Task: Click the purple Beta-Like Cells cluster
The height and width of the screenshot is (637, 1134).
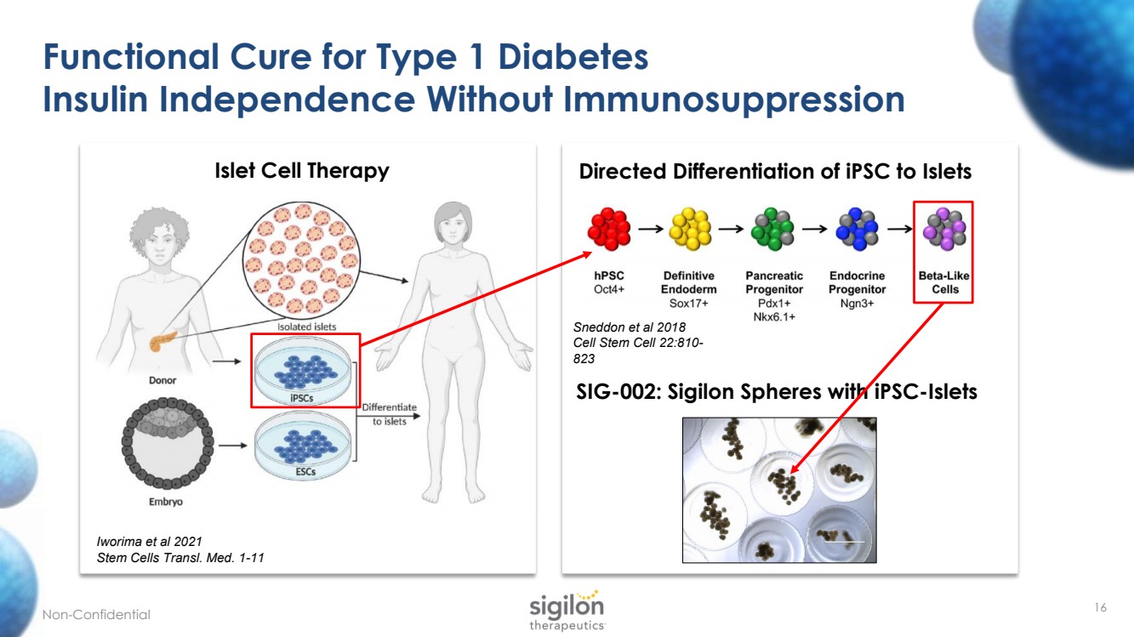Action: (944, 230)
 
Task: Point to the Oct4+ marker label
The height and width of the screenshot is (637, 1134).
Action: (609, 289)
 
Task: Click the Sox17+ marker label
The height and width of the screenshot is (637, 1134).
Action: (688, 303)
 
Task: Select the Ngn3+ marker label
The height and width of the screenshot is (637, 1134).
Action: (857, 303)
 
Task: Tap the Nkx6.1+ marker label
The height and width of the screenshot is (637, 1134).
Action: (773, 316)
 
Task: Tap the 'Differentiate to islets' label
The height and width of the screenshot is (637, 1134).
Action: (390, 414)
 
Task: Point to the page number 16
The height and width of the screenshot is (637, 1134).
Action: (1101, 607)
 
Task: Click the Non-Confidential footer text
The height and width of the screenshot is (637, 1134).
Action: (96, 615)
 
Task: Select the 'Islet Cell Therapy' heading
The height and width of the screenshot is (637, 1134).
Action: (302, 170)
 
